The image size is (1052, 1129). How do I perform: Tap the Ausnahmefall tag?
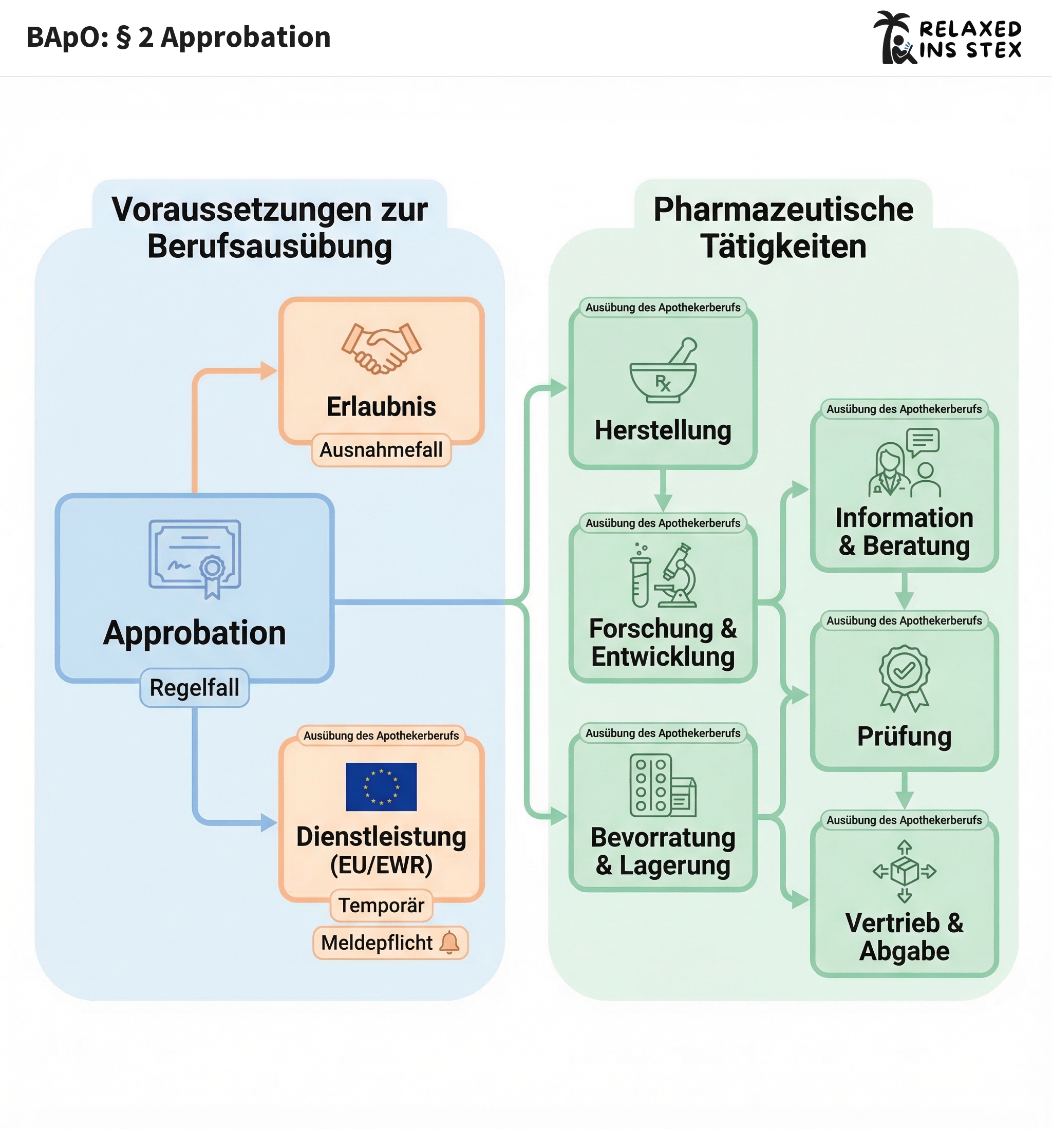tap(381, 450)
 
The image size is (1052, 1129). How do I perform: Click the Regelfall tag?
tap(194, 687)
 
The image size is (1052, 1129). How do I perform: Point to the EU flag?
tap(381, 786)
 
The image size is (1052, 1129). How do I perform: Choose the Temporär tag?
tap(381, 905)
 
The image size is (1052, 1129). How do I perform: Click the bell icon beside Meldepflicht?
tap(450, 942)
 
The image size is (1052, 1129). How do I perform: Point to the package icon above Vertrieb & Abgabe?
tap(904, 871)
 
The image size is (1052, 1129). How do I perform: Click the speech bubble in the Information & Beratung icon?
tap(923, 441)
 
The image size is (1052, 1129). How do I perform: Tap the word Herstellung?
tap(663, 430)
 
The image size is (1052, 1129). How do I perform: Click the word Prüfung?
tap(904, 736)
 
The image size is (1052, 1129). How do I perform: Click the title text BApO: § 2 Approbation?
tap(178, 37)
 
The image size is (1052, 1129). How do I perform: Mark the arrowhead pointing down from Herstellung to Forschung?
tap(663, 502)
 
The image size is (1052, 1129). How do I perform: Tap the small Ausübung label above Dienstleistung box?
tap(381, 736)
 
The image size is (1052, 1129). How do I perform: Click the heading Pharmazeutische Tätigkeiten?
tap(783, 227)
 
